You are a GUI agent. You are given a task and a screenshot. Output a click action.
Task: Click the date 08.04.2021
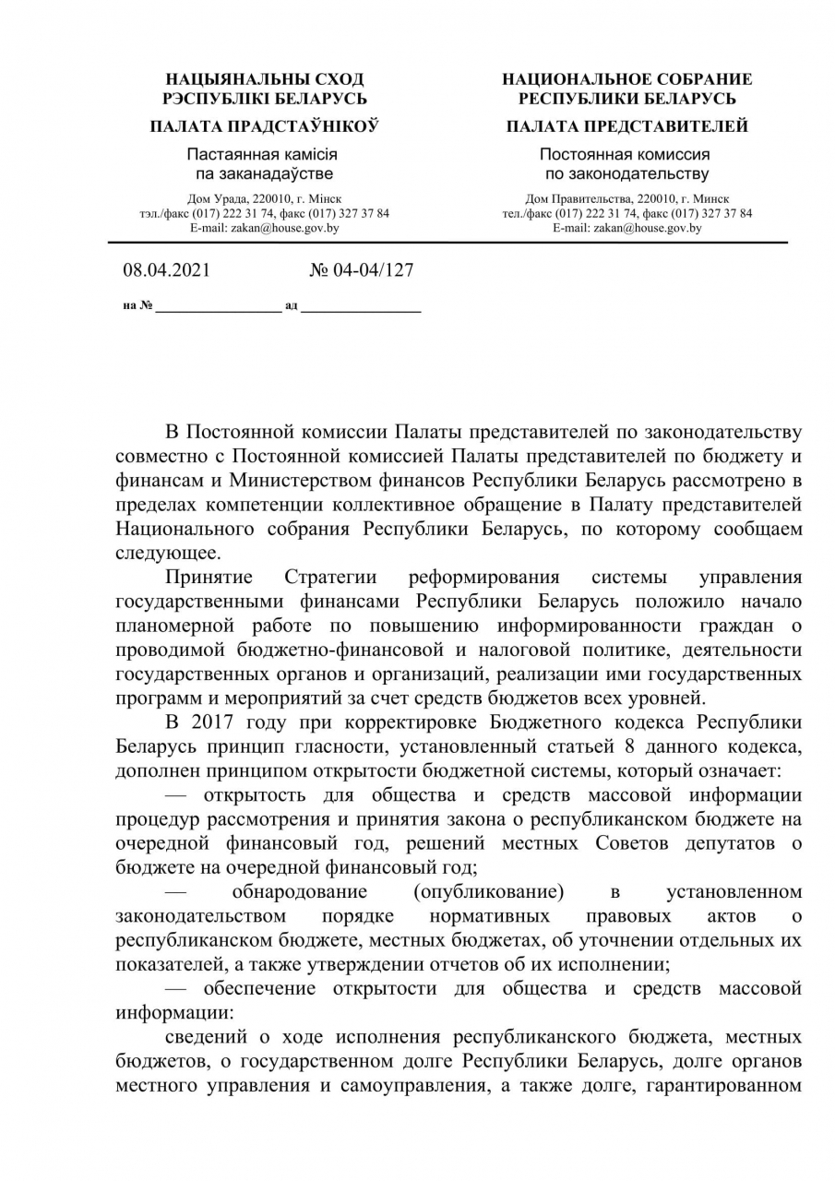click(x=166, y=270)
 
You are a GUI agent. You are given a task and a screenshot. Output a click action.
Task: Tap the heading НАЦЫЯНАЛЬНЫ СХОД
click(x=265, y=79)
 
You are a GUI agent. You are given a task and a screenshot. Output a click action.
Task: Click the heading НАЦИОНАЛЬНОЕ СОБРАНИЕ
click(x=626, y=79)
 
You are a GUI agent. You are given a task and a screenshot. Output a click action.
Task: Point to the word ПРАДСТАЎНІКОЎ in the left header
click(x=310, y=126)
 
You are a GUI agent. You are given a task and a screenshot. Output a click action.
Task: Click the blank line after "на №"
click(x=219, y=306)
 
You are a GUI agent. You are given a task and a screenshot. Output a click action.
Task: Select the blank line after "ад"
click(x=361, y=306)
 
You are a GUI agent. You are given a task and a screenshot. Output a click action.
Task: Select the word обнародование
click(x=300, y=892)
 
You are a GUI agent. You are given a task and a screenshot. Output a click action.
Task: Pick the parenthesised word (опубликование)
click(x=489, y=892)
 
